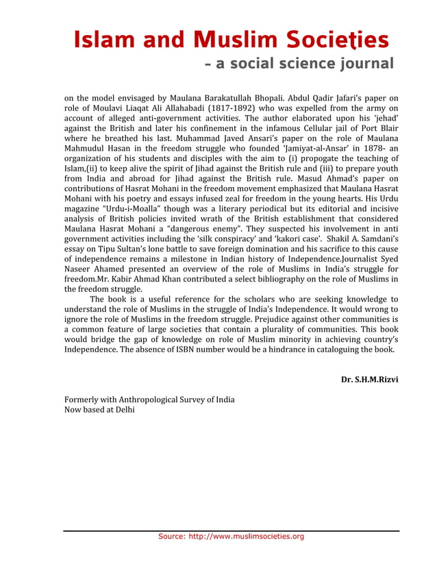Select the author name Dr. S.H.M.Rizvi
point(370,379)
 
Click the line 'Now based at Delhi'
point(99,410)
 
